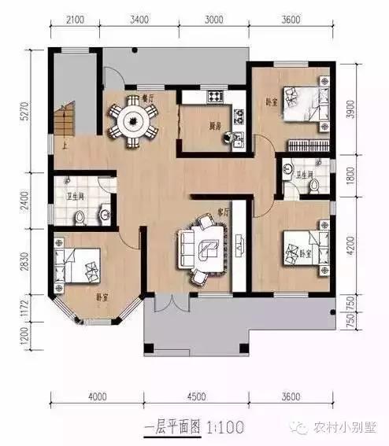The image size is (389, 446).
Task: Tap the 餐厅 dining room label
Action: [x=147, y=98]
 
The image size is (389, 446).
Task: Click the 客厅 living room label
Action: [x=222, y=212]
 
